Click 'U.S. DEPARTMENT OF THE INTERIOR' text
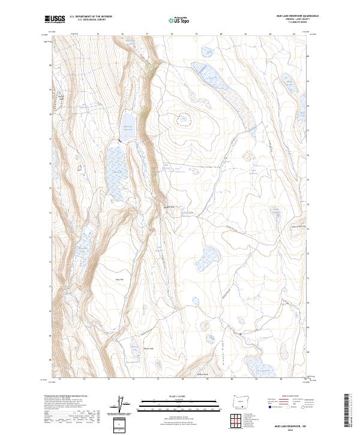pyautogui.click(x=91, y=16)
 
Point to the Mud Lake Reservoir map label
pyautogui.click(x=127, y=127)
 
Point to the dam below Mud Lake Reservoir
pyautogui.click(x=119, y=141)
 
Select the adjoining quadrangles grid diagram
pyautogui.click(x=242, y=421)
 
